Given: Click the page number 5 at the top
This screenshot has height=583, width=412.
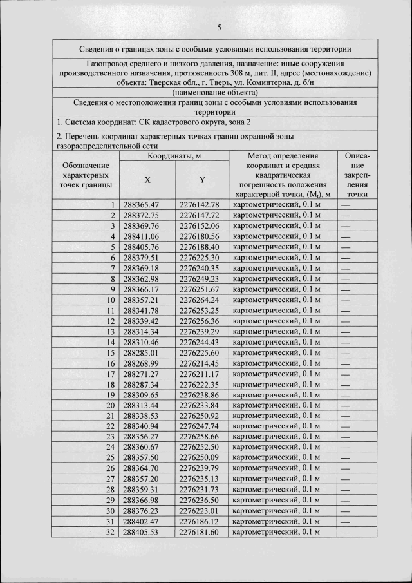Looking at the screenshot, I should pos(220,28).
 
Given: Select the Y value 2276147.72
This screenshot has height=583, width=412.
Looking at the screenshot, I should pos(199,215).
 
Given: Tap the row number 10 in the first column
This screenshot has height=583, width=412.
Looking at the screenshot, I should pos(110,300).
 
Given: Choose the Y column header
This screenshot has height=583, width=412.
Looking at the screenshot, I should pos(201,180).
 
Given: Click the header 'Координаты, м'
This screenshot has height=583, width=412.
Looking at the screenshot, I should pos(174,156).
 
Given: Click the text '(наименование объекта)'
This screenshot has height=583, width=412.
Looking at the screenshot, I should pos(215,93).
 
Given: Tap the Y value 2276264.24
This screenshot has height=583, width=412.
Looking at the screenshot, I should pos(199,300).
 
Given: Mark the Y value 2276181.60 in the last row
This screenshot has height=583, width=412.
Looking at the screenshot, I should pos(199,531).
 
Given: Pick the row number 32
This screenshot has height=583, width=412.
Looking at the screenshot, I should pos(110,531).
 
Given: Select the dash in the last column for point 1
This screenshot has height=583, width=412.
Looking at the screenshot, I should pos(346,205).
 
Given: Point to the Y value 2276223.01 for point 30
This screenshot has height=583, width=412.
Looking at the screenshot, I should pos(199,510).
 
